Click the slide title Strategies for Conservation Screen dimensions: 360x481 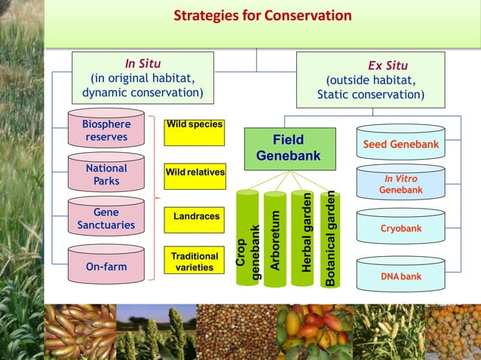262,16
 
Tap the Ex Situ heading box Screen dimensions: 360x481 370,81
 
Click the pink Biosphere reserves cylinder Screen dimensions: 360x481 106,131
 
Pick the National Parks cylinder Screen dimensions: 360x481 106,175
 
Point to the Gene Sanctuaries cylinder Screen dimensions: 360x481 106,219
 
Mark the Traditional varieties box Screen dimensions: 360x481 195,262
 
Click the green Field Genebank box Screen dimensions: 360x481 290,148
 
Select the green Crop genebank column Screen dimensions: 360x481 247,238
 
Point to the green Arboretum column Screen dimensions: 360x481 275,239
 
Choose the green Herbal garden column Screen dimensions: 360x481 303,238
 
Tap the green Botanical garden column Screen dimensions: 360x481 330,239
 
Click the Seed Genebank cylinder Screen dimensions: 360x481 400,144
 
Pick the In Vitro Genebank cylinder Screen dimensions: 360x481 400,185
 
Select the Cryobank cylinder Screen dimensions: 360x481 400,228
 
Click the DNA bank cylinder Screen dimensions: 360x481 400,276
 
